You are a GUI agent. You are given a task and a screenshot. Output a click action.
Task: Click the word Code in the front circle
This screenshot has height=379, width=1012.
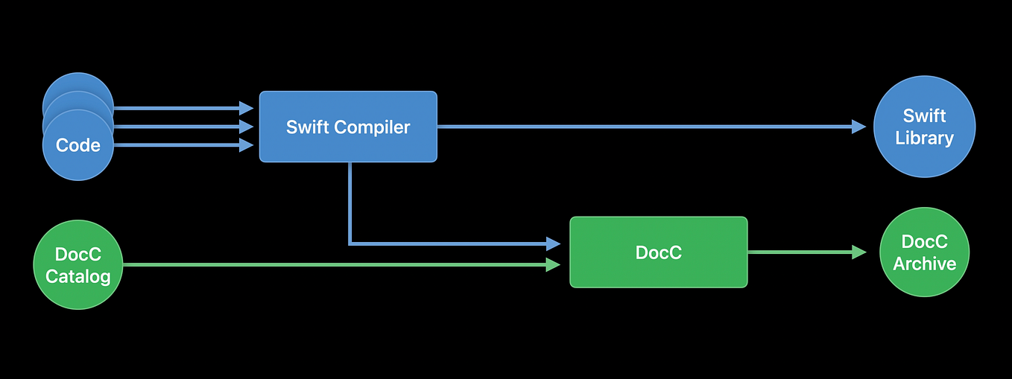[78, 145]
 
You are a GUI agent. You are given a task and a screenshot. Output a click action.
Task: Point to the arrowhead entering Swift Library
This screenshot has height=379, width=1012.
[858, 127]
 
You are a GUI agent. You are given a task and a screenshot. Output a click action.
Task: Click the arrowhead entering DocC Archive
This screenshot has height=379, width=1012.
[858, 252]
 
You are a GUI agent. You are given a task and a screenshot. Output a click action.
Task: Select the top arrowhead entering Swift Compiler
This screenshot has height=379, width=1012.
[247, 108]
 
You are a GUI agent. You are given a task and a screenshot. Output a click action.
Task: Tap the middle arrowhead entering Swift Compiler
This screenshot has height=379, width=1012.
[247, 127]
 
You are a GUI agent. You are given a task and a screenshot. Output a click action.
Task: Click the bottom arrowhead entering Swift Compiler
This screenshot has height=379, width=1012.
[247, 145]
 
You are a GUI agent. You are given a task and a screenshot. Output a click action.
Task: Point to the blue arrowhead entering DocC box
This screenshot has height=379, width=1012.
[553, 243]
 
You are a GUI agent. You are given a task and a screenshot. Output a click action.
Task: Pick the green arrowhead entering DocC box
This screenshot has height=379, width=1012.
[553, 264]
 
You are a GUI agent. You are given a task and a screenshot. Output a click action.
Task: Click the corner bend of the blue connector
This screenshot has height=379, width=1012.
[350, 243]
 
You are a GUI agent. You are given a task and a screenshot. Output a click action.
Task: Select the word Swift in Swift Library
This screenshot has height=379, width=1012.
[924, 116]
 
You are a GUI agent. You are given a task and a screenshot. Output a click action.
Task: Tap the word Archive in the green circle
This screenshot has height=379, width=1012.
[924, 264]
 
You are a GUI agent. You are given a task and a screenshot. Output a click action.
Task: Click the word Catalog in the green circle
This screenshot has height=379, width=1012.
[78, 276]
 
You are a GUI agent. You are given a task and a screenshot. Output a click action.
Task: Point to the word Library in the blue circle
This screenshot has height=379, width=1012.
[924, 138]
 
